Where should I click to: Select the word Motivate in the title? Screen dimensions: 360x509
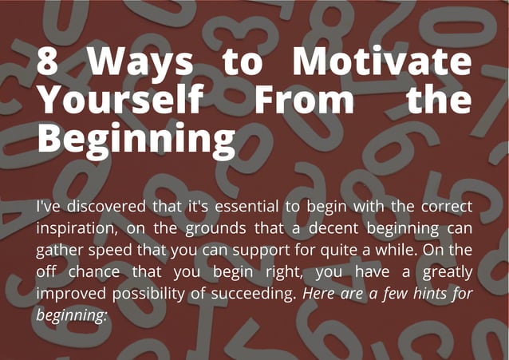pyautogui.click(x=381, y=63)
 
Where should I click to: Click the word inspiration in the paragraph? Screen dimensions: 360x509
pyautogui.click(x=76, y=228)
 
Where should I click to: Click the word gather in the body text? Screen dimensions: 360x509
pyautogui.click(x=59, y=250)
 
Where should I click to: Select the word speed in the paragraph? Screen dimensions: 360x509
pyautogui.click(x=113, y=250)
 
